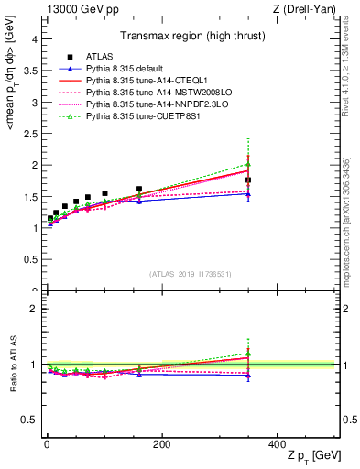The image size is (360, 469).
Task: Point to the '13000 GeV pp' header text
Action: coord(74,8)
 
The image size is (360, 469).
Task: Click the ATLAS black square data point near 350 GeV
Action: coord(248,180)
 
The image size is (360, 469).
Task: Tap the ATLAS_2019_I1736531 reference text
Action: coord(191,274)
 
